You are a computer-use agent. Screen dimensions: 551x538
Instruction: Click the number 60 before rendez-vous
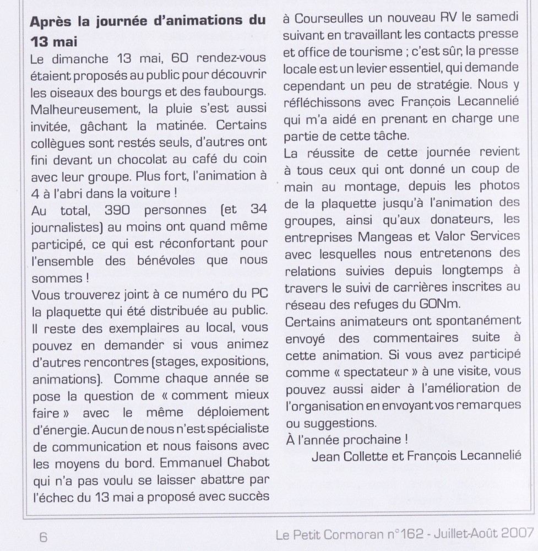pyautogui.click(x=164, y=58)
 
